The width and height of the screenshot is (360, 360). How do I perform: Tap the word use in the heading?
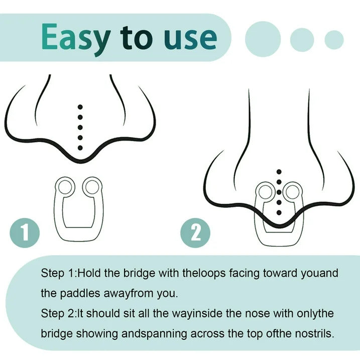tap(190, 38)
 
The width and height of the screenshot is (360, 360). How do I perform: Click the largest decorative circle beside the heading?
tap(263, 39)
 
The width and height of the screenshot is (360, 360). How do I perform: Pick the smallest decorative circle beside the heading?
tap(334, 40)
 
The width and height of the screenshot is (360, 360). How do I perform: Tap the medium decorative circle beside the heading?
tap(302, 40)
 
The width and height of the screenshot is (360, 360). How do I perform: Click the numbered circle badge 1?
tap(25, 233)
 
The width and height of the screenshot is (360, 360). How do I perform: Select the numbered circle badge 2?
tap(195, 233)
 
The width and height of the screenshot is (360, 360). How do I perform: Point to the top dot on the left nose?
tap(80, 107)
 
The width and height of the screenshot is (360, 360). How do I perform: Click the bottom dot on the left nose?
tap(80, 148)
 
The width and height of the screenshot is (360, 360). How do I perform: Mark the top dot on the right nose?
tap(279, 172)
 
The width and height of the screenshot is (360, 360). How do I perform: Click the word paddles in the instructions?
tap(80, 293)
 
